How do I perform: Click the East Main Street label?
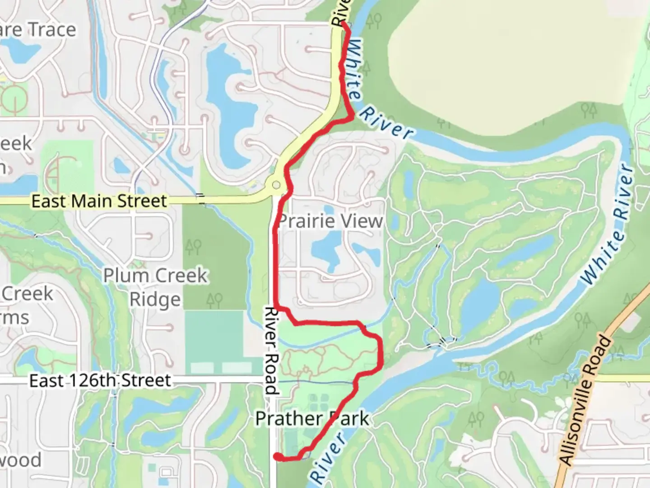coord(99,201)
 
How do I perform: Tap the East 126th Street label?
coord(100,380)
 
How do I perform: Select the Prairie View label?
coord(330,221)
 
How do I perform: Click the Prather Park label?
coord(311,418)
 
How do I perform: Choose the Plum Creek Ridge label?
coord(155,287)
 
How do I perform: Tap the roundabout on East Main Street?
coord(276,185)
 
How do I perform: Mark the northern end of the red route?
coord(344,23)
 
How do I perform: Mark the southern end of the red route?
coord(277,457)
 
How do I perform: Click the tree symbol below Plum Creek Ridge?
coord(214,300)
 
